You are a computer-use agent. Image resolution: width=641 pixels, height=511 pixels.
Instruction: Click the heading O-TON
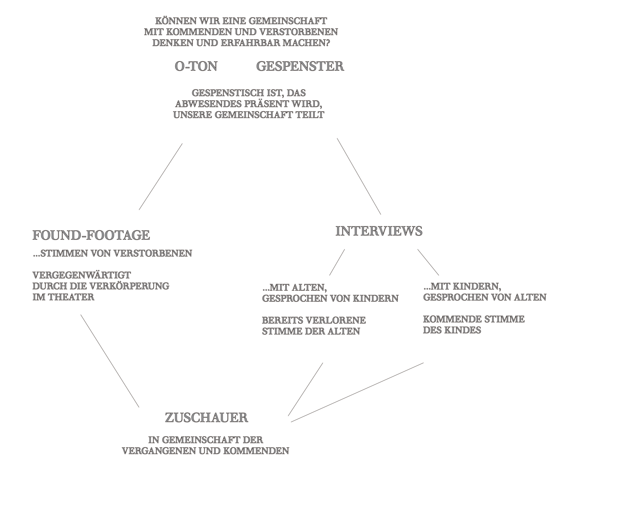point(196,66)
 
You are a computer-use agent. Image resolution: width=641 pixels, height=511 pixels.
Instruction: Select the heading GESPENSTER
point(300,66)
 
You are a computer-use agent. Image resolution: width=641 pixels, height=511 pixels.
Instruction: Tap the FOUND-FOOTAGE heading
point(91,235)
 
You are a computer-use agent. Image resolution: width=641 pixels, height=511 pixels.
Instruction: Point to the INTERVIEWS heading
point(379,231)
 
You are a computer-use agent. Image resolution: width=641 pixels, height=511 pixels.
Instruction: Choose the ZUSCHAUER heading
point(206,418)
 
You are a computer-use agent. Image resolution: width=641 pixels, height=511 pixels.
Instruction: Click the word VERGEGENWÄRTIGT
point(82,275)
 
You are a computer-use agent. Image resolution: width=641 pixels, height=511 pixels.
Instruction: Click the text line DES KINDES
point(452,330)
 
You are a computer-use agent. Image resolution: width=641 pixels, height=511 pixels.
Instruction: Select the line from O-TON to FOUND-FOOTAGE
point(161,176)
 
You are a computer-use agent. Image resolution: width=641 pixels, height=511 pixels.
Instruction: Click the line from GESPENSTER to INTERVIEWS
point(359,176)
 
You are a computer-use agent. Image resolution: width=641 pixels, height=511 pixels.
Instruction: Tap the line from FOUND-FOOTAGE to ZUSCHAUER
point(110,361)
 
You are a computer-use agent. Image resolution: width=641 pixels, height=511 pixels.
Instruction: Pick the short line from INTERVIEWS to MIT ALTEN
point(337,262)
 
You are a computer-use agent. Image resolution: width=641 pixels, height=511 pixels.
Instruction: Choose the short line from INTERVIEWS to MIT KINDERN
point(428,262)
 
